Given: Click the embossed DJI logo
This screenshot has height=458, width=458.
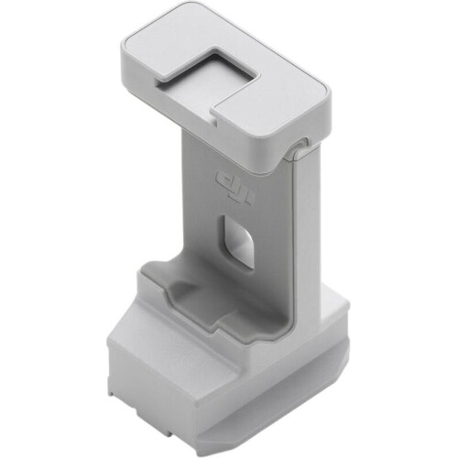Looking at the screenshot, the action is coord(234,186).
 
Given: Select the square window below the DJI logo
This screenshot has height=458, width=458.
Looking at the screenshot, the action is coord(238,241).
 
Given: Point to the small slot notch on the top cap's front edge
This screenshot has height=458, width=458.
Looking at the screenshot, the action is coord(214,117).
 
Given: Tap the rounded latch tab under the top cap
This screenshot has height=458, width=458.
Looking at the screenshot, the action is coord(298,149).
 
